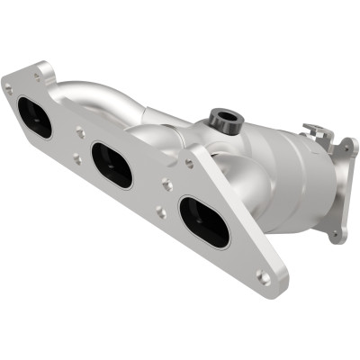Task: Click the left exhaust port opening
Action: pos(33,117)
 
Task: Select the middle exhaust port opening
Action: pos(112,165)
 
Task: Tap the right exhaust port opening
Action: pos(203,221)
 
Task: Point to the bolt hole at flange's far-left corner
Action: pos(9,89)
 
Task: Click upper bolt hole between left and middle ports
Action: pos(80,132)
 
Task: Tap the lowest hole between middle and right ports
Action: pos(159,212)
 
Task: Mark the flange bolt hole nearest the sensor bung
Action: pos(189,163)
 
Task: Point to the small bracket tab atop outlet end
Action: pos(317,134)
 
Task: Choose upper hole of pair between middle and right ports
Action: pos(167,184)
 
